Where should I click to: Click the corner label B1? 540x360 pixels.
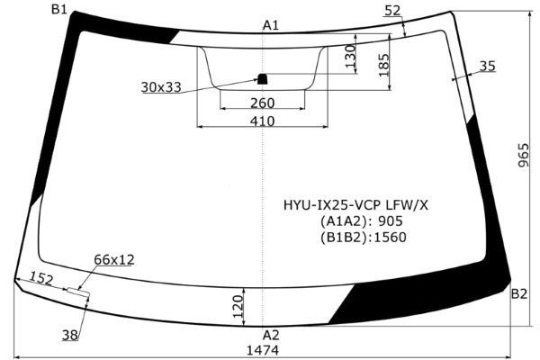58,9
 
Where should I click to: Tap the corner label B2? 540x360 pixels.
519,294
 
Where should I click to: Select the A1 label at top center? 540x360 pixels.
271,25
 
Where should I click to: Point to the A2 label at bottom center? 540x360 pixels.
271,335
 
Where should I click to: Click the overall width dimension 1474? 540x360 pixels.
263,350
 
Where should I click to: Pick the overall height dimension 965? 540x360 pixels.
523,155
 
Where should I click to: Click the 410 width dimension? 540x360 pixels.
263,121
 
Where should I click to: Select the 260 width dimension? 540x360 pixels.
263,103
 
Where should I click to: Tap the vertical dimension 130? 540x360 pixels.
350,56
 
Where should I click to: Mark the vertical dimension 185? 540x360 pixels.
383,65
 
